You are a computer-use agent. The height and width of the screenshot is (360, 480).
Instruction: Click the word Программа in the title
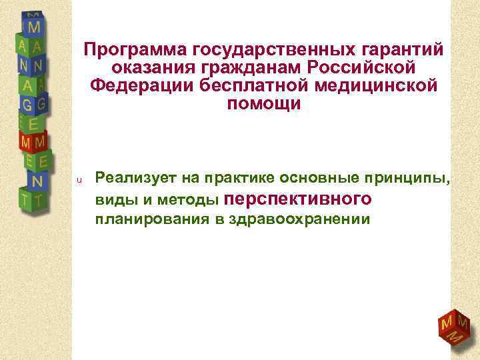[134, 50]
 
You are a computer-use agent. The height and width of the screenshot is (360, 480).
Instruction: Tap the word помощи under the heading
[264, 105]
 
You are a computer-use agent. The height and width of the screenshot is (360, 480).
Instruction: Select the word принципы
[411, 179]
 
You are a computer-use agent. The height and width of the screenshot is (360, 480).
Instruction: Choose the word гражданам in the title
[251, 68]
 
